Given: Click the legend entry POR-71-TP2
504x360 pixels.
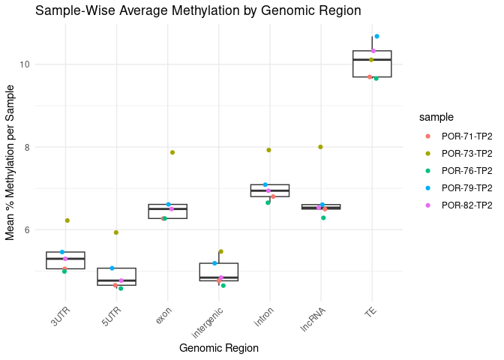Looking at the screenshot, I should point(466,136).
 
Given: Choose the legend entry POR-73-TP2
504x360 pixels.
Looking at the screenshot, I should point(466,153).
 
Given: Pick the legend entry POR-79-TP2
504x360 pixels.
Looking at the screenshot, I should point(466,187).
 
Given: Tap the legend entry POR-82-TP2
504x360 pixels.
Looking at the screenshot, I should point(466,205).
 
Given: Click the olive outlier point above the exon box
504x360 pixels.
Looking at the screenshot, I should point(172,152).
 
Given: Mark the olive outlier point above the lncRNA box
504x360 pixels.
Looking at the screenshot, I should point(320,147).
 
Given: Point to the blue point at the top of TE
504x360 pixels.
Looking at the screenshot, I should point(376,36).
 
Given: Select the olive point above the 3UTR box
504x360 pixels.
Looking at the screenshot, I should point(67,220).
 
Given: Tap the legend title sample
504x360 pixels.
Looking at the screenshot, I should point(436,117).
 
